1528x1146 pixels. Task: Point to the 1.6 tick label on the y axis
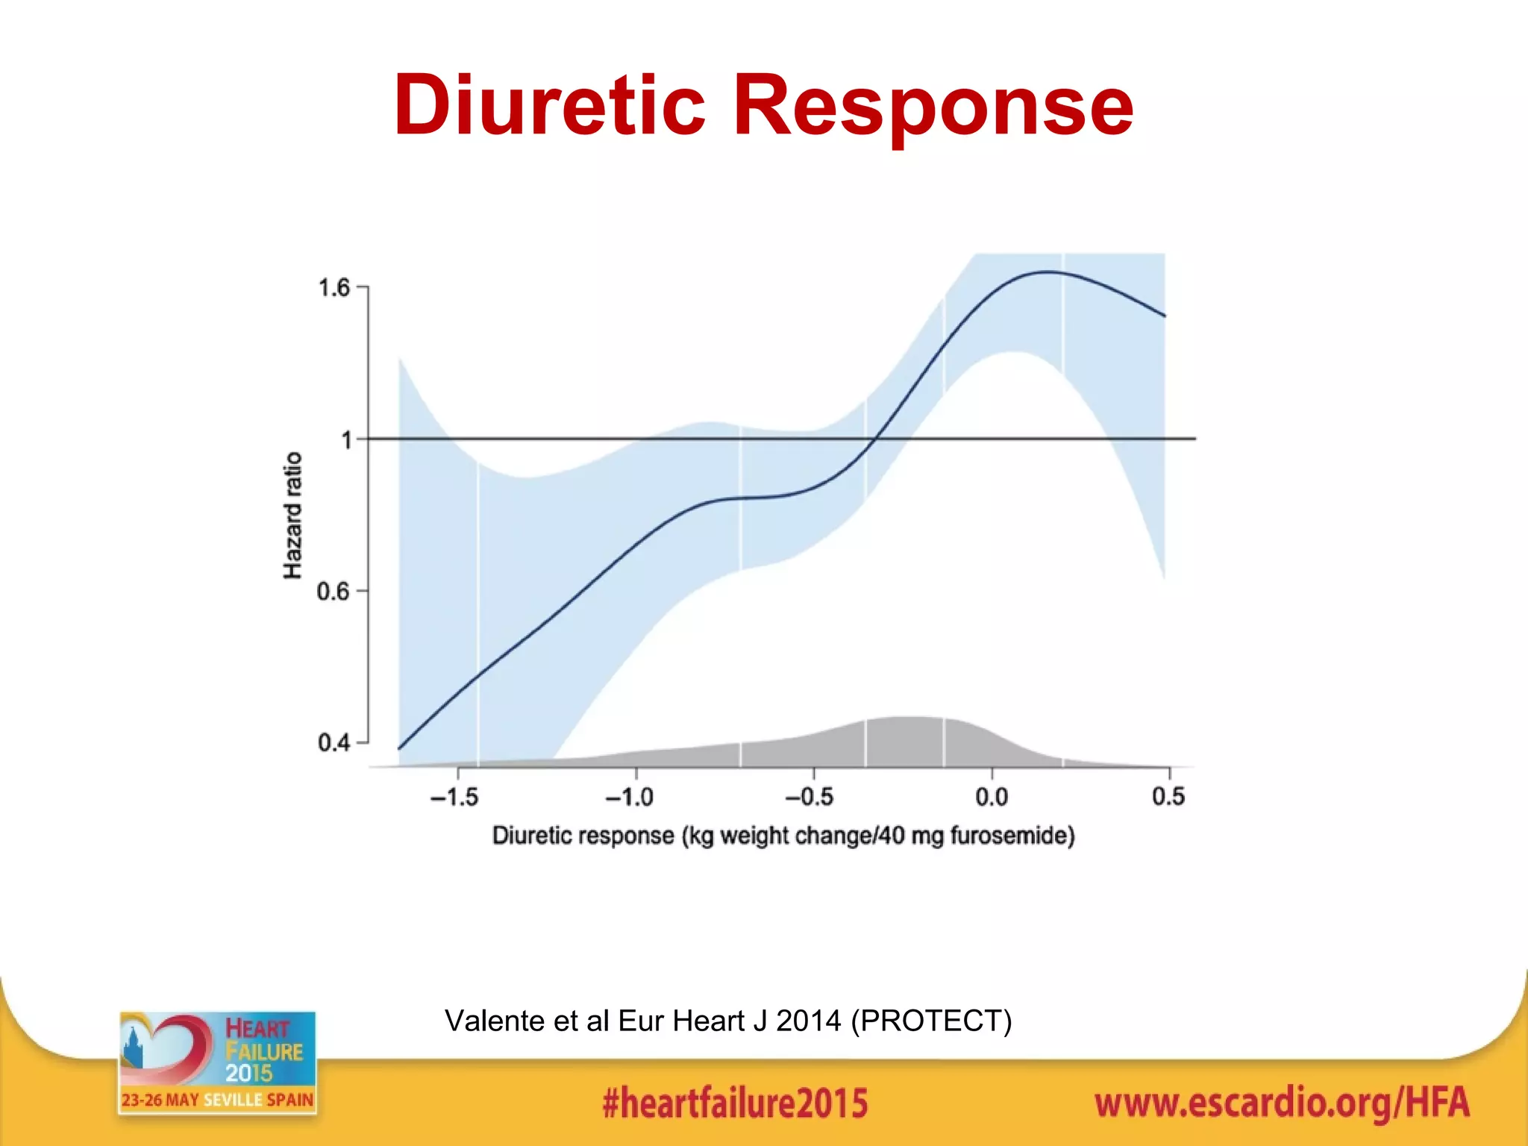pyautogui.click(x=334, y=288)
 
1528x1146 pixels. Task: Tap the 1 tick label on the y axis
pyautogui.click(x=346, y=440)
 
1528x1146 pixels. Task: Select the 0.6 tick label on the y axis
pyautogui.click(x=333, y=592)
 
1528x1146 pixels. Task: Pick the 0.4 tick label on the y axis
pyautogui.click(x=334, y=743)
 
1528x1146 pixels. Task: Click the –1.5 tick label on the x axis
pyautogui.click(x=454, y=798)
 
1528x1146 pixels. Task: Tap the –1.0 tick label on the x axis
pyautogui.click(x=630, y=798)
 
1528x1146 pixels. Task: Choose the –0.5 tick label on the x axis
pyautogui.click(x=810, y=798)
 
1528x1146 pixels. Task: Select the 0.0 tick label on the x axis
pyautogui.click(x=992, y=798)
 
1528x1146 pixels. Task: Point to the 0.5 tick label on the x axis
pyautogui.click(x=1168, y=798)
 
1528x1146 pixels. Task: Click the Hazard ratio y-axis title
pyautogui.click(x=293, y=515)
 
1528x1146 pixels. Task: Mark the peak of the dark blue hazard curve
pyautogui.click(x=1048, y=272)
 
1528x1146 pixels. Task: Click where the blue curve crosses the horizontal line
pyautogui.click(x=874, y=439)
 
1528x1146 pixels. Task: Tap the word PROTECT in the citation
pyautogui.click(x=931, y=1021)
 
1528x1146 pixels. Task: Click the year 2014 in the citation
pyautogui.click(x=809, y=1021)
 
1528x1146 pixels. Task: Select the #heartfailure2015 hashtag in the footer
pyautogui.click(x=735, y=1103)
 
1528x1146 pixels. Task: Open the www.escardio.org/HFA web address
pyautogui.click(x=1282, y=1103)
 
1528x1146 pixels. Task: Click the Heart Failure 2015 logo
pyautogui.click(x=217, y=1062)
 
